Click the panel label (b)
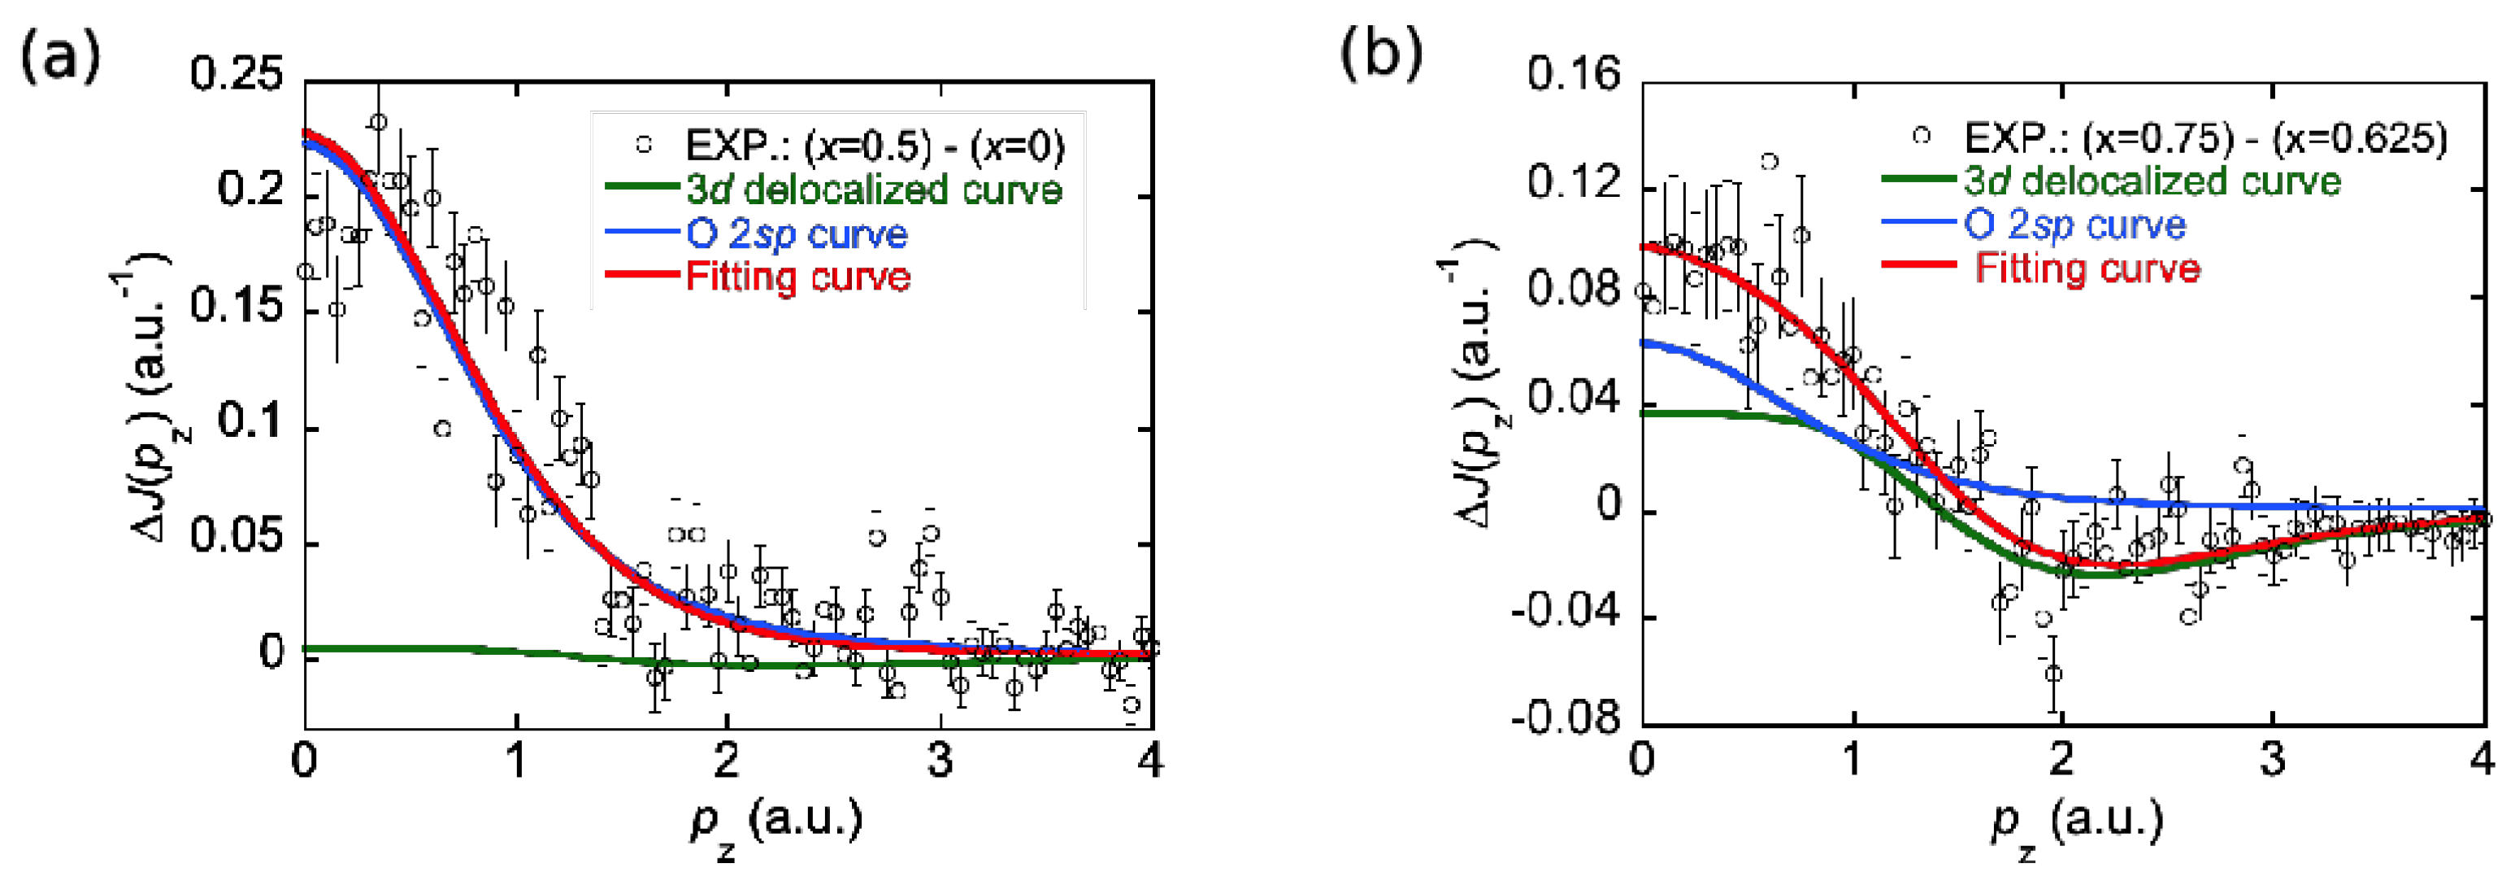pos(1380,53)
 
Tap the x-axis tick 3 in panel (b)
pos(2273,760)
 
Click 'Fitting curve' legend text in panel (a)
pos(797,277)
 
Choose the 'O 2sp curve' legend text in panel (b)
pos(2074,225)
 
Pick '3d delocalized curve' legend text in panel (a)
pos(874,189)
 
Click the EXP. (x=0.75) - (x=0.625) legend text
pos(2205,138)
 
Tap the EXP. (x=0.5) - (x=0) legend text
pos(875,146)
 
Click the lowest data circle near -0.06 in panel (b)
pos(2054,674)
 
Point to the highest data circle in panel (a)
pos(378,122)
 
